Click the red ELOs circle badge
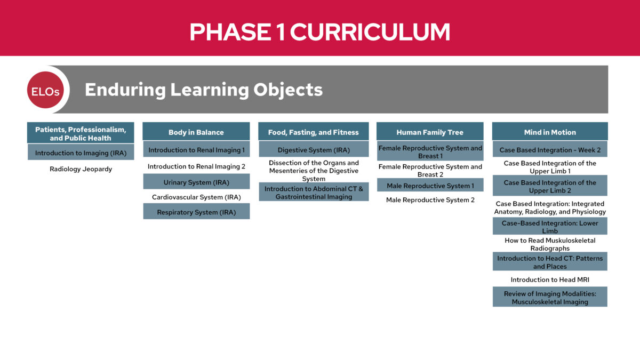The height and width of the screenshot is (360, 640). (45, 90)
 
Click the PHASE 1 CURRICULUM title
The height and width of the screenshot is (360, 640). (319, 32)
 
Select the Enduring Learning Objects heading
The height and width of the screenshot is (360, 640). (203, 90)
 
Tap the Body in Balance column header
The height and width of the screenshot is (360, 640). (196, 132)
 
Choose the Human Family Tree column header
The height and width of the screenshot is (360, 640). (430, 132)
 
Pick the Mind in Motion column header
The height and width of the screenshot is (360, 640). (549, 132)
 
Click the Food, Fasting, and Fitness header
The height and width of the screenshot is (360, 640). (313, 132)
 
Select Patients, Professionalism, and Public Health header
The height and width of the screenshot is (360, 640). (81, 133)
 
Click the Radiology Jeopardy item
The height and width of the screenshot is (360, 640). (81, 170)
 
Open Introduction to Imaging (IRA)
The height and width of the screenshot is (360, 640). (81, 153)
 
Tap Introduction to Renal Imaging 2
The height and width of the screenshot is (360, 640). (196, 166)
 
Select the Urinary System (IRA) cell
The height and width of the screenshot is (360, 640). (196, 182)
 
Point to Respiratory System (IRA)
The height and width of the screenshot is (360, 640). (196, 212)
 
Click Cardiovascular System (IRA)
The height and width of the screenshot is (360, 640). (196, 197)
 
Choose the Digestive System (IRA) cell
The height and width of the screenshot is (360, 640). (314, 150)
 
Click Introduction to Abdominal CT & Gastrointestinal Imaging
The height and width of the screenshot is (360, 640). (314, 193)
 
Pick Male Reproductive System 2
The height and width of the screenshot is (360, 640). (430, 200)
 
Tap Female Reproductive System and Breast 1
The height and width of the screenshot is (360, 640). (430, 152)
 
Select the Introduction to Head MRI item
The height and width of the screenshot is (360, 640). (549, 279)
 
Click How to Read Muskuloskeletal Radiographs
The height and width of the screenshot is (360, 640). (549, 244)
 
